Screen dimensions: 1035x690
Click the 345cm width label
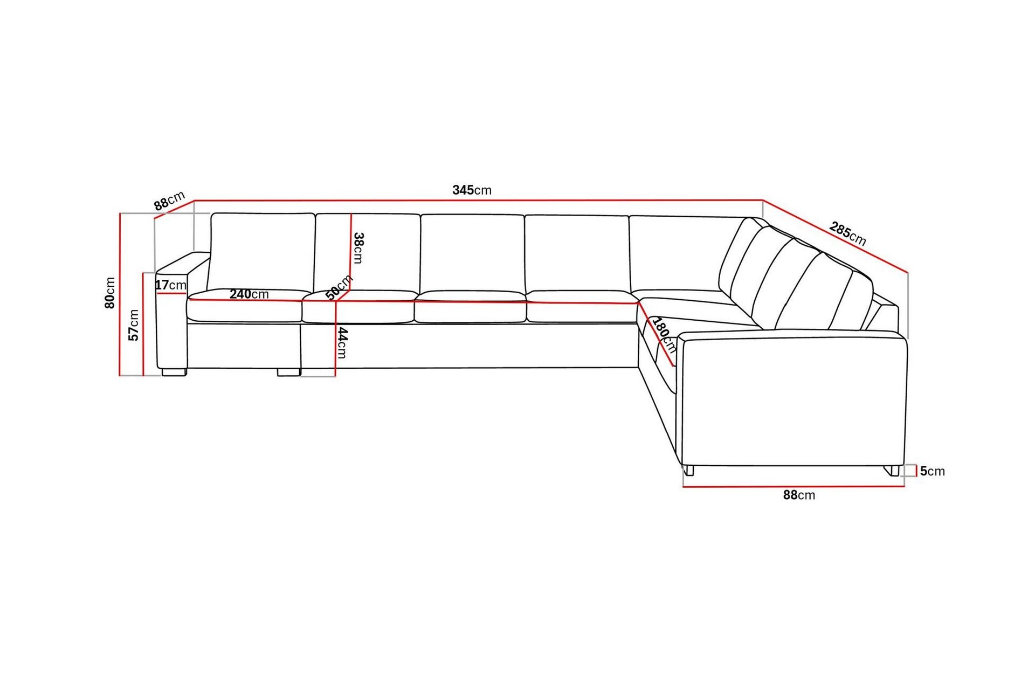coord(472,190)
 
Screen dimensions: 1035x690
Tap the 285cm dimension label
coord(847,233)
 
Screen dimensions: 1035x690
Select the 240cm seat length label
coord(249,294)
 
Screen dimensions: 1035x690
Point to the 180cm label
coord(664,335)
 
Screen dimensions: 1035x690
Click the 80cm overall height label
coord(110,293)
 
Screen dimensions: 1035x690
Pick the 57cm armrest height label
coord(134,325)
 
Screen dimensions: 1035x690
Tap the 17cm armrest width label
coord(171,285)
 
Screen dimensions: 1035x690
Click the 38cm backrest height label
coord(358,248)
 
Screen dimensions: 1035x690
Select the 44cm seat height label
coord(342,343)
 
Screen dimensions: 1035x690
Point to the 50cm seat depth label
coord(339,287)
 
